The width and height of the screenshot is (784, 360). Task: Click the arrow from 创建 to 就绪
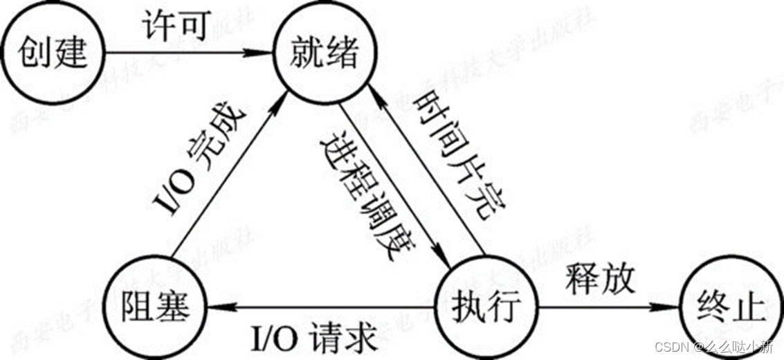(187, 52)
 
